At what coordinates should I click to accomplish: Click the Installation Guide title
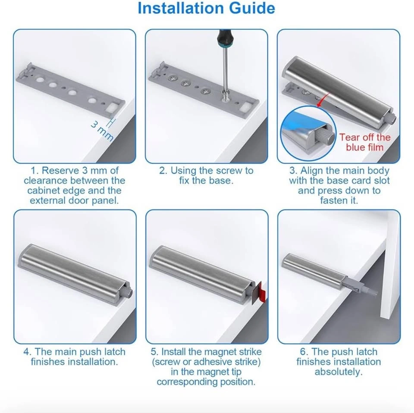tap(207, 8)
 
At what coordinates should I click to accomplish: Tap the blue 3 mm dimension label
tap(102, 131)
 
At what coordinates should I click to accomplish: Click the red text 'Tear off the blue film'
tap(365, 142)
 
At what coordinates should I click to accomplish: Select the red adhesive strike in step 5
tap(261, 291)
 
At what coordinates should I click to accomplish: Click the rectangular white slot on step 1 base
tap(112, 108)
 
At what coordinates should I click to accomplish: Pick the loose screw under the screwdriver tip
tap(225, 96)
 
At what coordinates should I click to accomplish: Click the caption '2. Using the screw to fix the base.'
tap(206, 175)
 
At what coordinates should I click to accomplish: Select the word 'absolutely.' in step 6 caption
tap(339, 372)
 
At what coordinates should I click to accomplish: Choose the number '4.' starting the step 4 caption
tap(27, 352)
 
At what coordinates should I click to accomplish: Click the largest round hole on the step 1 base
tap(40, 79)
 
